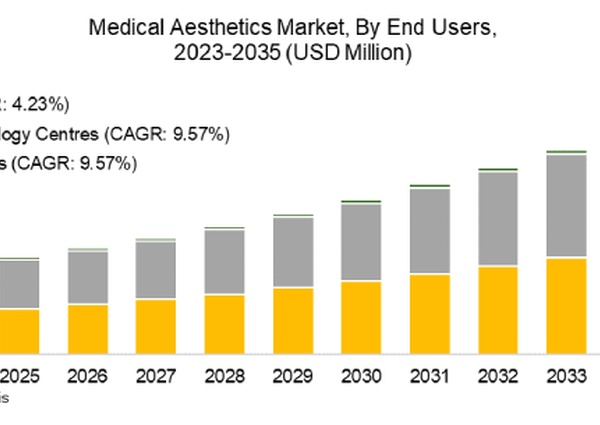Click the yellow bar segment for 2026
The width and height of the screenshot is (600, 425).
pos(87,329)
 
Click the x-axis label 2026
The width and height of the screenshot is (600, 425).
pos(87,377)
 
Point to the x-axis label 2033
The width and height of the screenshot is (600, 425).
pos(567,377)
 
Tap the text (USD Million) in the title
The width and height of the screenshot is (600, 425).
pos(348,55)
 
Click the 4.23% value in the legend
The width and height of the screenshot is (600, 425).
pos(40,103)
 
